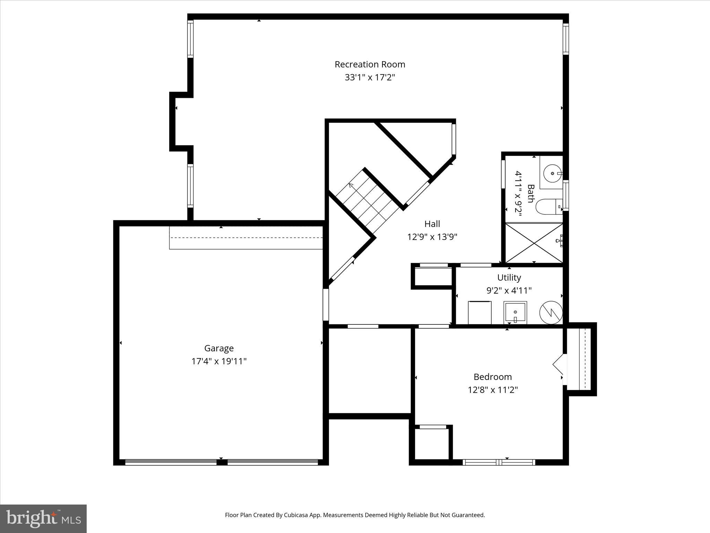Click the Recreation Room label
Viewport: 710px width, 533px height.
click(x=370, y=64)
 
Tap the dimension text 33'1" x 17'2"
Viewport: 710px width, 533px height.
click(x=370, y=77)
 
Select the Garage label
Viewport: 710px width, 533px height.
click(x=219, y=348)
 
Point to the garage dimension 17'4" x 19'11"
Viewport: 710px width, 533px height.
click(x=219, y=361)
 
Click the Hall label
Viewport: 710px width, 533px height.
click(x=432, y=224)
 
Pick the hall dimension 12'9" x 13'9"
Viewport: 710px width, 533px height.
click(x=432, y=237)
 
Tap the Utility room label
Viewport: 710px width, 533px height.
click(x=509, y=278)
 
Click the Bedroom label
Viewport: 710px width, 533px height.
click(x=493, y=377)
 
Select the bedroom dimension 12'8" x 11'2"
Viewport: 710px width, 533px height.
click(x=493, y=390)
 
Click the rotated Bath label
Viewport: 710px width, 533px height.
click(x=530, y=194)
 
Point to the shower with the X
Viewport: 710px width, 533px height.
click(x=534, y=243)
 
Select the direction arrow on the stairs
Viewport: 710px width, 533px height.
click(x=353, y=187)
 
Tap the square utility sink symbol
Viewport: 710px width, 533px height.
click(x=515, y=313)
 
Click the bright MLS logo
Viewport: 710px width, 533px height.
click(x=43, y=518)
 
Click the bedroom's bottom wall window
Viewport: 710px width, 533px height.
click(x=499, y=462)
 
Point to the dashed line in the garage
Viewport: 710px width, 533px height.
click(x=246, y=238)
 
